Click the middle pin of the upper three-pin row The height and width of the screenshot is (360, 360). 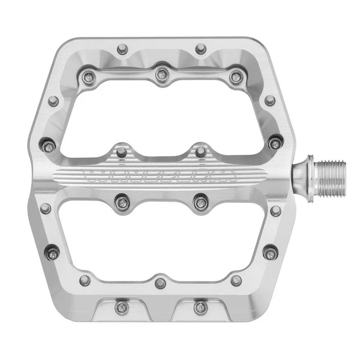[161, 75]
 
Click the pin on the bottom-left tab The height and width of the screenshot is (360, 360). [122, 307]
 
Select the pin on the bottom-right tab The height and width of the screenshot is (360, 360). [200, 307]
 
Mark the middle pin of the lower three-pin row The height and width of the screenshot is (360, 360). [160, 283]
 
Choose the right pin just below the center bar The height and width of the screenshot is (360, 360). [200, 203]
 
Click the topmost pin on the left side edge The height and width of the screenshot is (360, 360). [53, 101]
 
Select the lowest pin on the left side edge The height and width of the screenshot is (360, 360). [53, 253]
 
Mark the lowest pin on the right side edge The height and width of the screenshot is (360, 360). [270, 253]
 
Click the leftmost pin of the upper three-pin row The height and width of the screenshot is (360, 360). [88, 76]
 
